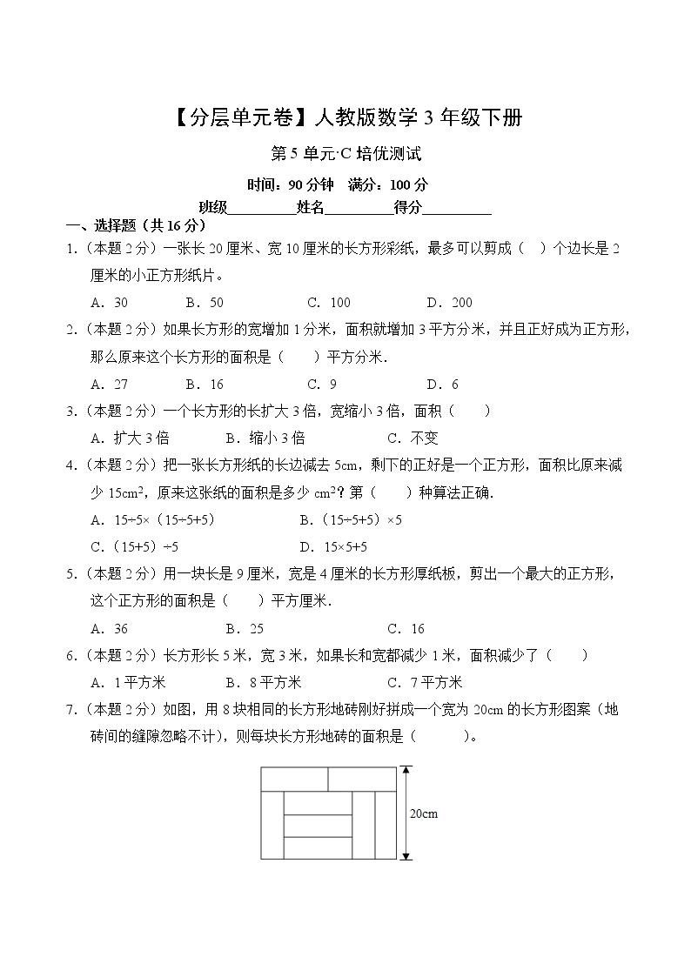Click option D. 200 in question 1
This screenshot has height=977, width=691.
click(449, 303)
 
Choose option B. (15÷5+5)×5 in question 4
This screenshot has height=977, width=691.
click(350, 519)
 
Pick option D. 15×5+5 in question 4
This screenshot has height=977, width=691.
click(333, 547)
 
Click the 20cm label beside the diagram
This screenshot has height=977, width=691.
click(423, 814)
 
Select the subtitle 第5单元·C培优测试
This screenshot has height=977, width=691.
click(346, 155)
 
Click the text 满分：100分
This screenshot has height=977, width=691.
click(388, 184)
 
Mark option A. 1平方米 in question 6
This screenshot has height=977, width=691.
click(128, 683)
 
